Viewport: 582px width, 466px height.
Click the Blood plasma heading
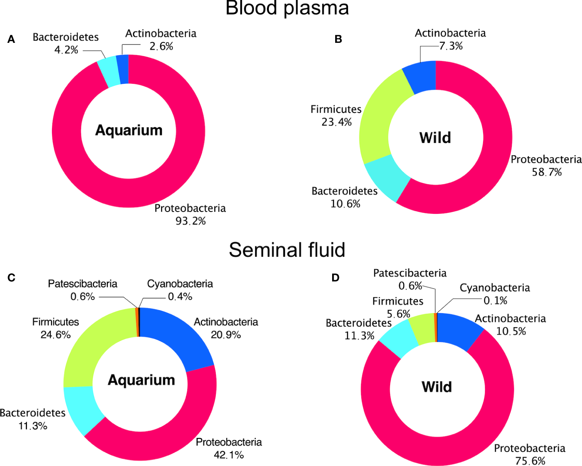pos(287,8)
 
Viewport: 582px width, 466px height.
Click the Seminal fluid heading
pos(287,250)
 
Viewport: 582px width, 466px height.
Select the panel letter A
pos(11,39)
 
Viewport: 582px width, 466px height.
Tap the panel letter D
pos(335,278)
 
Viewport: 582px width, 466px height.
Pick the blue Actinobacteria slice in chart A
pos(122,69)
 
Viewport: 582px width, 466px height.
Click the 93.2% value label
pos(190,221)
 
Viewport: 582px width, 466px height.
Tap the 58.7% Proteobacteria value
pos(546,172)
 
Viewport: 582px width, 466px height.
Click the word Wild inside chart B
pos(435,138)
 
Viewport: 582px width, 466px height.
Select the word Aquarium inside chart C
pos(141,380)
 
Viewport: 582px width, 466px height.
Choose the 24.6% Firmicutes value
pos(55,334)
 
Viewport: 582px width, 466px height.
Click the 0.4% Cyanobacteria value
pos(180,297)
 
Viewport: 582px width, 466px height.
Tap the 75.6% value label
pos(530,461)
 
